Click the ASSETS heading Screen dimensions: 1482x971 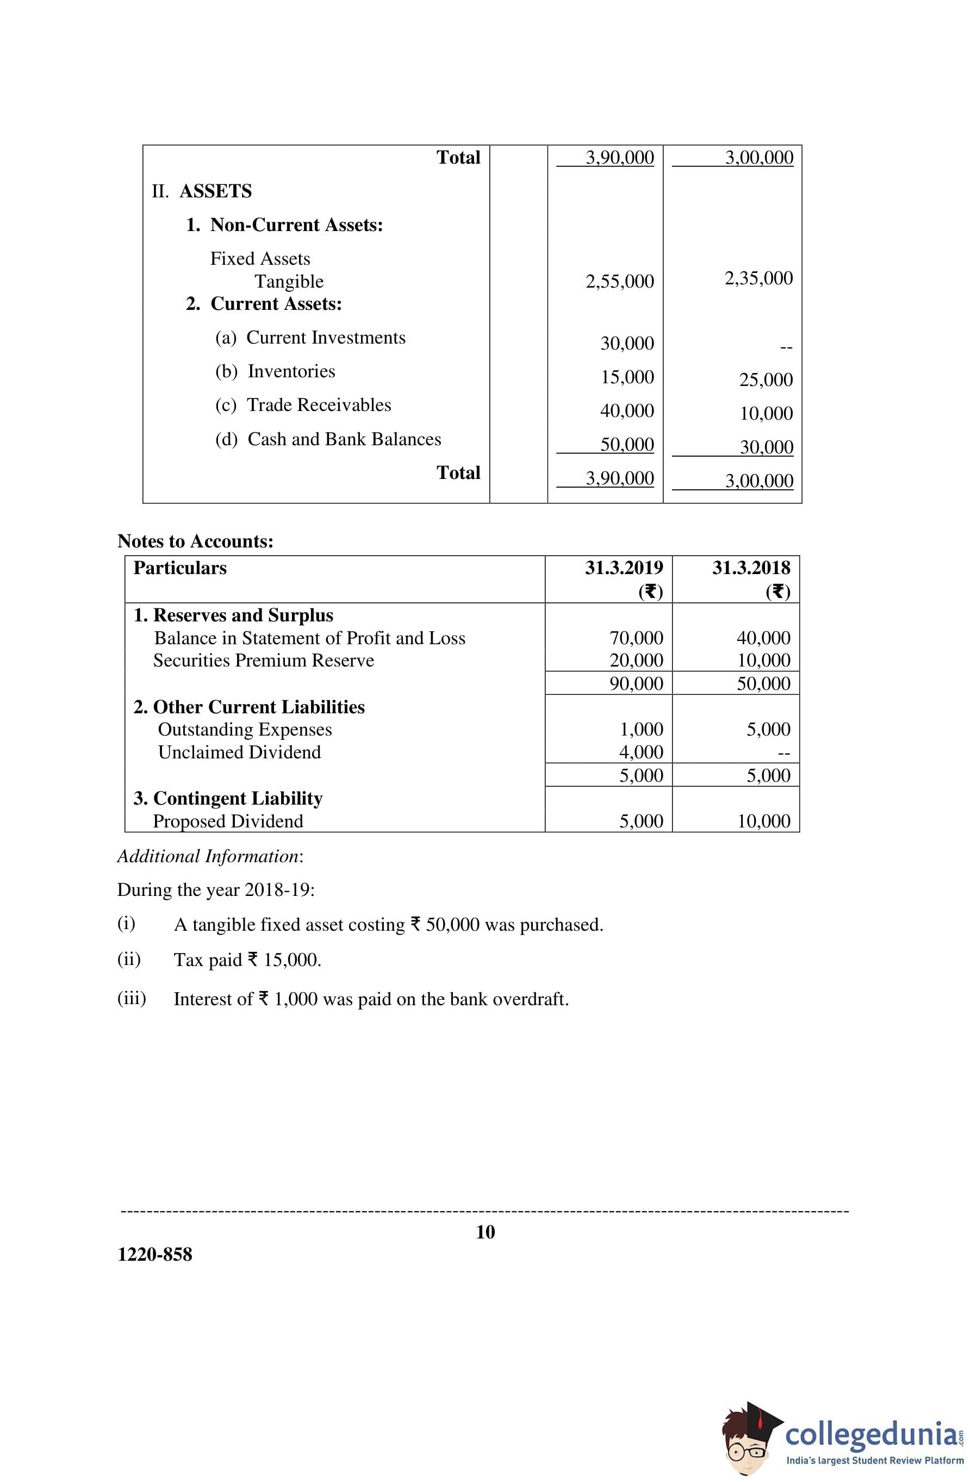[215, 191]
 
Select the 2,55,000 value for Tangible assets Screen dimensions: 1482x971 [619, 282]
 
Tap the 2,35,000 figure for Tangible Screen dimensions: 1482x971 [758, 278]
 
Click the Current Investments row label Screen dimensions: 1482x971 [325, 338]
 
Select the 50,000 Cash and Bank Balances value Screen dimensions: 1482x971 [626, 445]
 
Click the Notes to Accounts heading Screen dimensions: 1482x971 [195, 541]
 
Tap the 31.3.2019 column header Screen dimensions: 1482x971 [624, 568]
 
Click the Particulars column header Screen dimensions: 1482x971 [180, 568]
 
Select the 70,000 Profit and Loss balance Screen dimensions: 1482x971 [636, 638]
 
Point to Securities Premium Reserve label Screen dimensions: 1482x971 [264, 661]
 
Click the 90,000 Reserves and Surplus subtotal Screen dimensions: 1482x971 [636, 684]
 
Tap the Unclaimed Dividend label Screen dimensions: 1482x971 [239, 752]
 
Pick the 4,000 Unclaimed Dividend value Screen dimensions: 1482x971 [640, 752]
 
